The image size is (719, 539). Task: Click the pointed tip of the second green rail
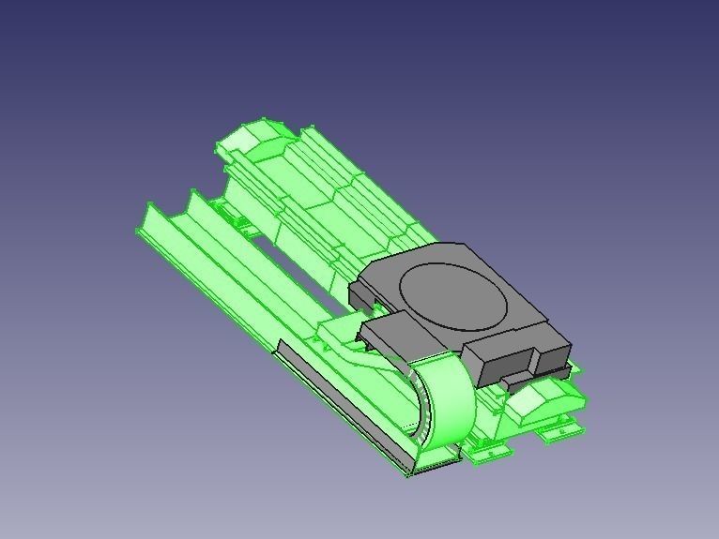pyautogui.click(x=193, y=194)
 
